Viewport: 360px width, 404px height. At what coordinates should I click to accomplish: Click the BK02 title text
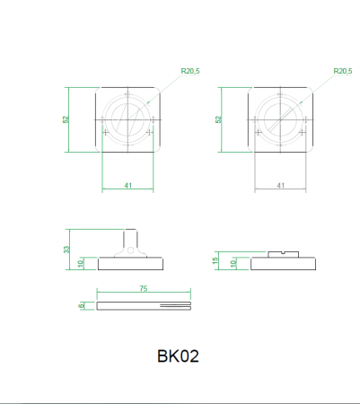click(x=178, y=356)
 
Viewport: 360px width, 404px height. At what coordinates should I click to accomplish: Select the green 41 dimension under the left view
click(x=128, y=185)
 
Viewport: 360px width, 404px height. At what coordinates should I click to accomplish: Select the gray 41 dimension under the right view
click(x=280, y=185)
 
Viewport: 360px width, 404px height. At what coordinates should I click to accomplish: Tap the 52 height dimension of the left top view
click(x=66, y=119)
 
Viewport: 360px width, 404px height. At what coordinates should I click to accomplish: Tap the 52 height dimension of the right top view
click(x=217, y=119)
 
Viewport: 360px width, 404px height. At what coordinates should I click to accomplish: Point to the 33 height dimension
click(x=66, y=250)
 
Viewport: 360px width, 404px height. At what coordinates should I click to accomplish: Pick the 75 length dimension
click(x=144, y=289)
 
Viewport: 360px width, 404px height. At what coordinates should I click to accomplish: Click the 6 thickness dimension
click(x=82, y=305)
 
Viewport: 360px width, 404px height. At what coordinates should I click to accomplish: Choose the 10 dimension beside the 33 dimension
click(x=81, y=264)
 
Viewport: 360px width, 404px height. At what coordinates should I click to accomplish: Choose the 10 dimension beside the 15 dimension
click(x=233, y=264)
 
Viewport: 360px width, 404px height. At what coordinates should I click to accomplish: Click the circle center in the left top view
click(x=128, y=119)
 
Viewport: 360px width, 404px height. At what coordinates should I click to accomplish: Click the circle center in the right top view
click(x=280, y=119)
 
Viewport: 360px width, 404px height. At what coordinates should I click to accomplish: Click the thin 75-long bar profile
click(x=144, y=305)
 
